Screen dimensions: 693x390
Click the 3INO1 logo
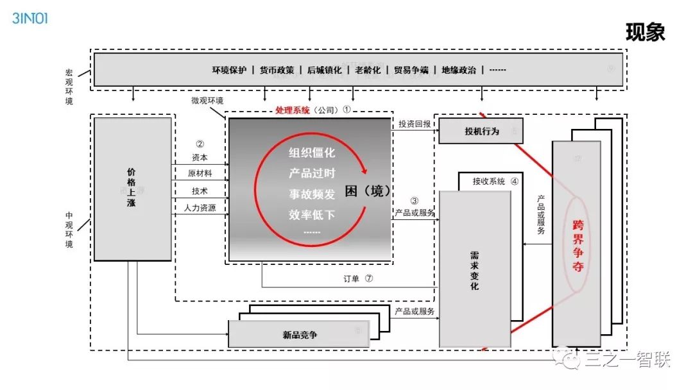click(x=30, y=18)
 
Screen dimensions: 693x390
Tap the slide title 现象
click(x=645, y=32)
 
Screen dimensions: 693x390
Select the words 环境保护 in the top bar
click(x=229, y=70)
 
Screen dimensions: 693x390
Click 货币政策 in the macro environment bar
click(x=277, y=70)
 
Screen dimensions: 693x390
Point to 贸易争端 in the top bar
click(x=411, y=70)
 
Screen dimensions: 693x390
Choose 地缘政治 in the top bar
click(x=459, y=70)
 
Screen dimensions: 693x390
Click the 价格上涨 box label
click(x=132, y=187)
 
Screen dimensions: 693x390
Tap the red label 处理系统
click(x=293, y=110)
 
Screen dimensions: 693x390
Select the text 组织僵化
click(x=312, y=153)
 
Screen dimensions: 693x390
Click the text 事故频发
click(x=312, y=194)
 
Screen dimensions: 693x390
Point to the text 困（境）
click(x=368, y=192)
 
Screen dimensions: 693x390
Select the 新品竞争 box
click(x=300, y=334)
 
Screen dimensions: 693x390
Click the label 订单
click(x=351, y=278)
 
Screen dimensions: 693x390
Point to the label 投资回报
click(x=415, y=124)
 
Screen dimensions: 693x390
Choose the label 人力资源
click(x=200, y=208)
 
